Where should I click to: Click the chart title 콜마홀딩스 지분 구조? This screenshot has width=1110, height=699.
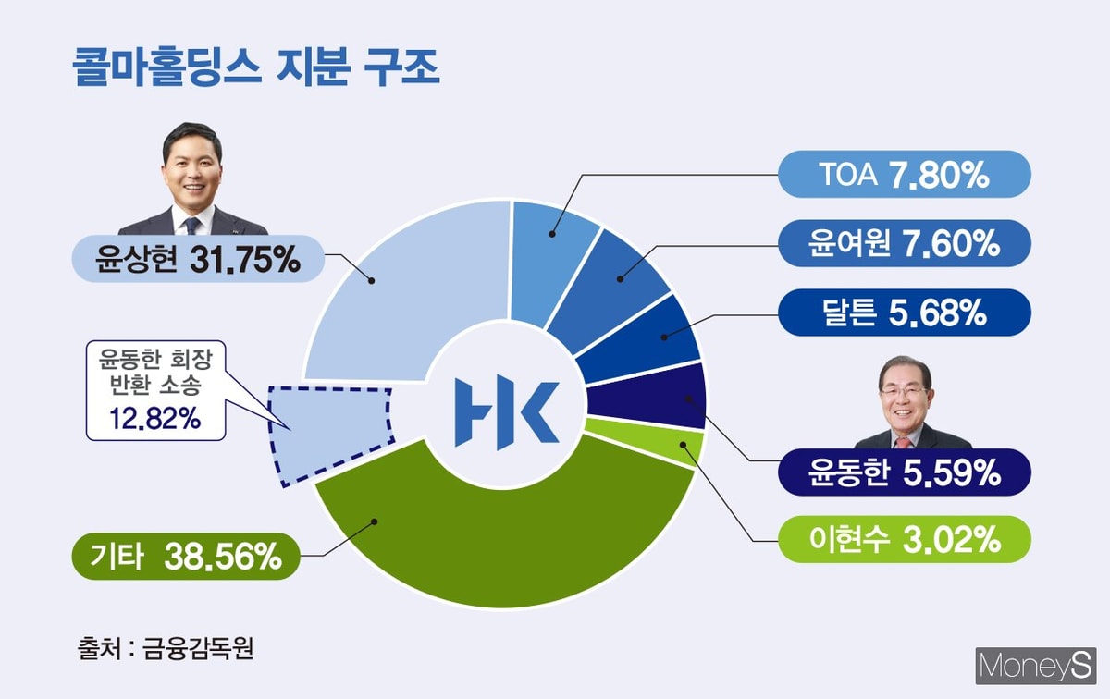point(255,67)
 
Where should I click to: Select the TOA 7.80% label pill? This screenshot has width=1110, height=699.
point(905,175)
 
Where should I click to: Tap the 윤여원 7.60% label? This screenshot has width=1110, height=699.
point(905,243)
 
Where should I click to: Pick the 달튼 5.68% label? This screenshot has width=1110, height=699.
point(905,313)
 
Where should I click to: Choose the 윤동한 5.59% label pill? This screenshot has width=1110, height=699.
point(905,472)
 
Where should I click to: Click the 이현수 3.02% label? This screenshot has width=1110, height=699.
point(905,539)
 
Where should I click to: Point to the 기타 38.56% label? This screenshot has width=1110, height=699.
point(186,557)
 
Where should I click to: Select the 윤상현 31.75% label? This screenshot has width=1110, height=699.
point(198,259)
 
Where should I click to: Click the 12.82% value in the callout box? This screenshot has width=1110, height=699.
point(155,419)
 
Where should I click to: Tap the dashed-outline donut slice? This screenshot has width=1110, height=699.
point(329,434)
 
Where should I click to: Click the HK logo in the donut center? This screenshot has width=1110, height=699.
point(507,412)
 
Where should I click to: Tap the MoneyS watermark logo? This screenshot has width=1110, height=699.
point(1036,667)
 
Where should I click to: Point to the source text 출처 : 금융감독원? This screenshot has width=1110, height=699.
point(166,648)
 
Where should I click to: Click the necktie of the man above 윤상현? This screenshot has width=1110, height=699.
point(191,226)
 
